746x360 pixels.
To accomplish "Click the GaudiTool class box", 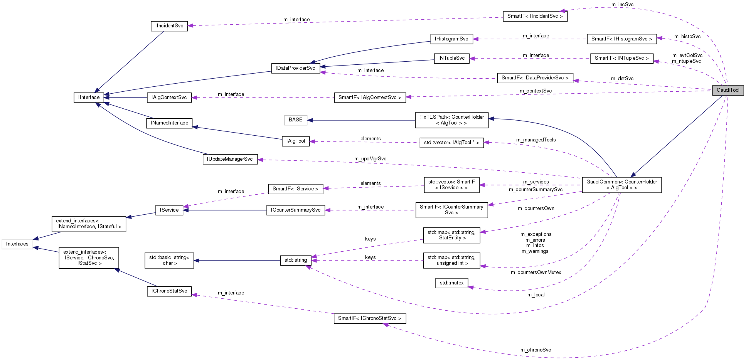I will point(728,90).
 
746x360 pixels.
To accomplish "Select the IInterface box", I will point(89,98).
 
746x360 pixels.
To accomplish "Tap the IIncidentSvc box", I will point(169,26).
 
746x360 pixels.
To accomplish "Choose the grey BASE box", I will point(296,120).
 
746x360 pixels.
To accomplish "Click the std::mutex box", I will point(451,283).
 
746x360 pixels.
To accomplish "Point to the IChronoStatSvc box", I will point(169,291).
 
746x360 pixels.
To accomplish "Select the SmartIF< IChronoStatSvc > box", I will point(369,318).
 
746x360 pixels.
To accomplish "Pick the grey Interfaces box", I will point(17,244).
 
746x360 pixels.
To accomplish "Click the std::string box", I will point(296,260).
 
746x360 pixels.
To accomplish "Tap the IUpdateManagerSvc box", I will point(230,159).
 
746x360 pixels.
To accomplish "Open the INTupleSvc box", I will point(451,58).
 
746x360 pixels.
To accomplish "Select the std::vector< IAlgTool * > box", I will point(451,143).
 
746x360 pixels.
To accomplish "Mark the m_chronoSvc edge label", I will point(536,350).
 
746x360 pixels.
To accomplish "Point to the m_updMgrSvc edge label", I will point(370,159).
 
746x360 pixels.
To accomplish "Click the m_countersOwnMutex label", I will point(536,273).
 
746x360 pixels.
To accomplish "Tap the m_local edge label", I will point(536,295).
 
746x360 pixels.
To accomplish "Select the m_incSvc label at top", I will point(622,5).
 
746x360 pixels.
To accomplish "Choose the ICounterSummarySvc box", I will point(296,210).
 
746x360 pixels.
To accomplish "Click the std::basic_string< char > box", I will point(169,260).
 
